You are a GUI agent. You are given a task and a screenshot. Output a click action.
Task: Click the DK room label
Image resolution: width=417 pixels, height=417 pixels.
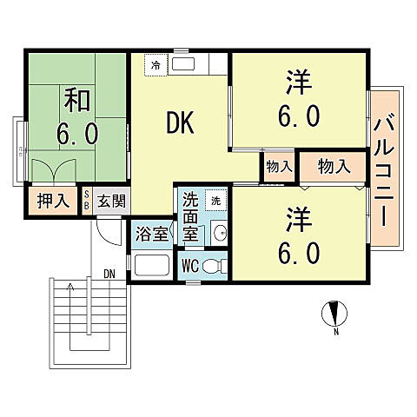pos(181,123)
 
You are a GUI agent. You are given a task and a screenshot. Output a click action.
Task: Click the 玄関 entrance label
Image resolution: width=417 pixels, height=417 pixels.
pos(111,202)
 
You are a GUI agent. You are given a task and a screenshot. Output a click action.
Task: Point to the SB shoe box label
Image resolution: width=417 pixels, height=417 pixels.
pos(87,202)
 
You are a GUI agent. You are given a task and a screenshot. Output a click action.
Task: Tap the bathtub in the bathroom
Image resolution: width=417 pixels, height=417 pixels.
pos(153,266)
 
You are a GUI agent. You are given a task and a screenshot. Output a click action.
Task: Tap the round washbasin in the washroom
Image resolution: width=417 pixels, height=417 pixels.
pos(219,232)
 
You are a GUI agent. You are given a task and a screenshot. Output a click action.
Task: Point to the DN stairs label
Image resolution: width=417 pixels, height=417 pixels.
pos(109,275)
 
